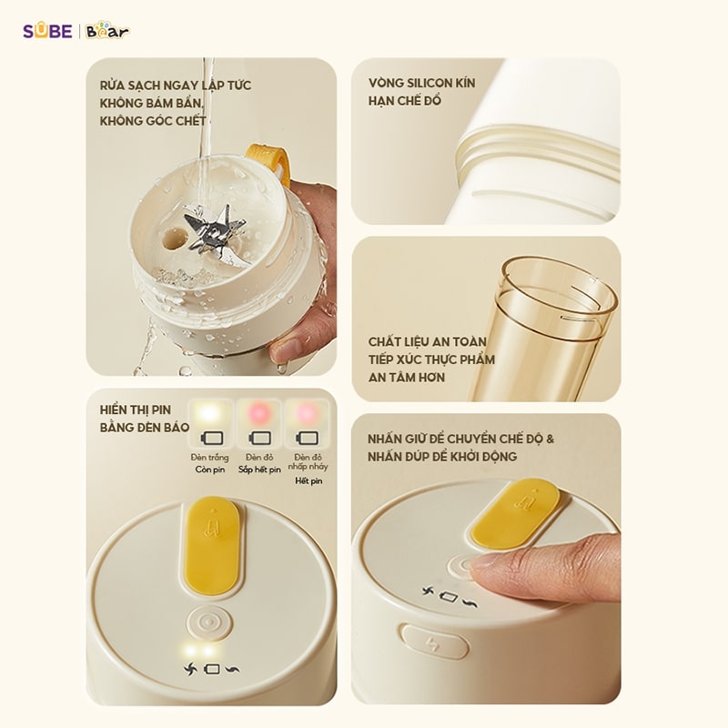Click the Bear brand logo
108,32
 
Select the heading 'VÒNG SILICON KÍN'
421,83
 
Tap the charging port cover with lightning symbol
435,641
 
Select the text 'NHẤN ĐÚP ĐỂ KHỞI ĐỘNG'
442,456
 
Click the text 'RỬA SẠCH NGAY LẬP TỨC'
176,85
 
